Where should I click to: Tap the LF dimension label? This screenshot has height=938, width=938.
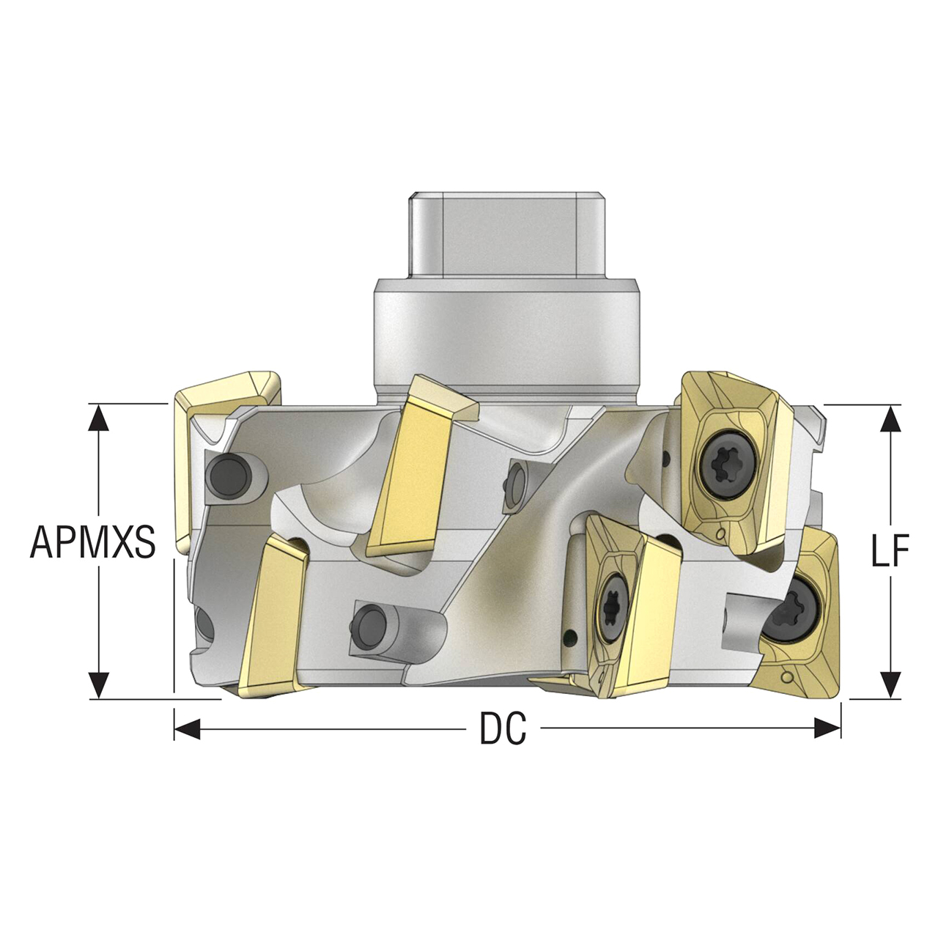click(x=890, y=550)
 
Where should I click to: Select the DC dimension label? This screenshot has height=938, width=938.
click(x=503, y=728)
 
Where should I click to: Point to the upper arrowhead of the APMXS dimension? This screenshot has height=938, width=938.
click(x=97, y=417)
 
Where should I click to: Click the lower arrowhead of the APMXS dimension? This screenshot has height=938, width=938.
click(x=97, y=685)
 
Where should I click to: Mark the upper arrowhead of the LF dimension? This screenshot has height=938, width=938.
click(x=890, y=419)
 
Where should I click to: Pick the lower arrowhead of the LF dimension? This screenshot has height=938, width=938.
click(x=890, y=684)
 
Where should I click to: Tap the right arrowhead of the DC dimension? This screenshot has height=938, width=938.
click(x=828, y=728)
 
